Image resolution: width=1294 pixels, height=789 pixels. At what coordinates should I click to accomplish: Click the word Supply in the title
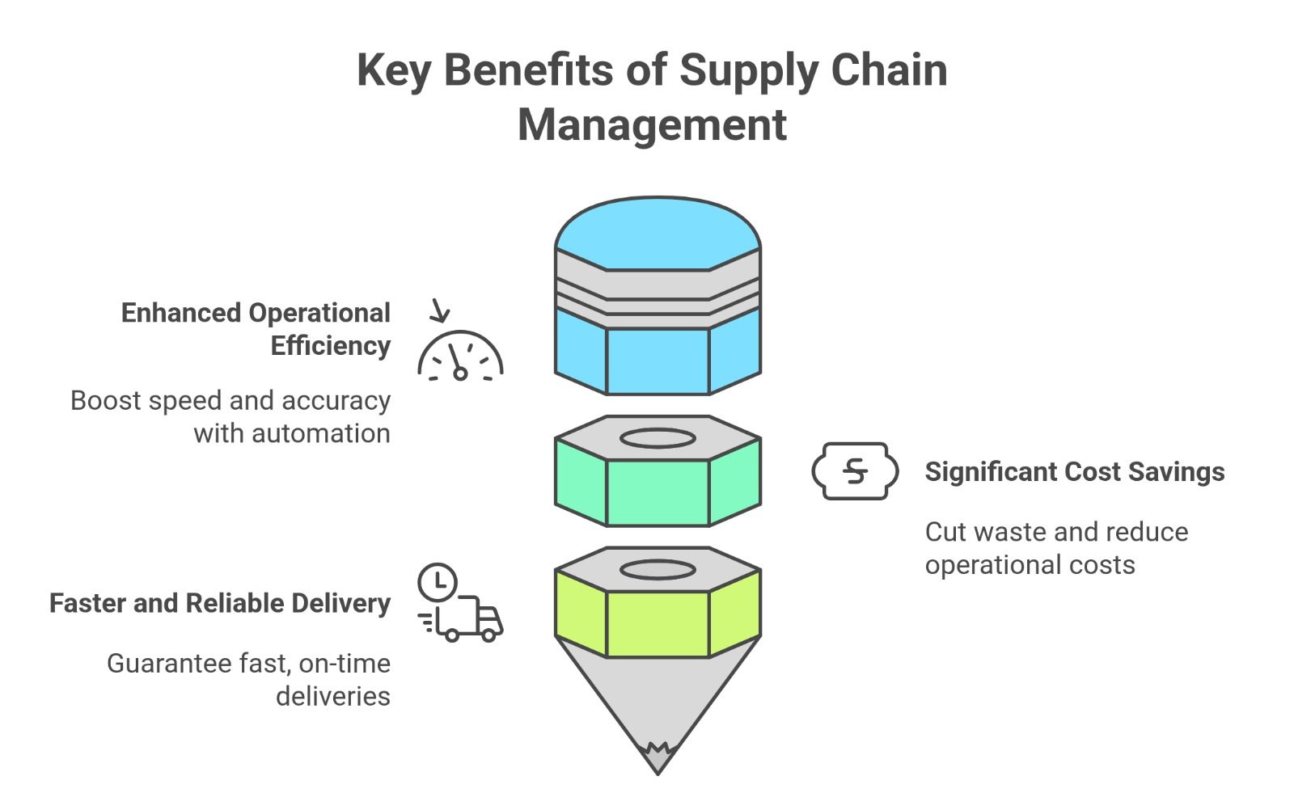point(738,71)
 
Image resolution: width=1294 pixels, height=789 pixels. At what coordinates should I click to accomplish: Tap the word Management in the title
point(652,125)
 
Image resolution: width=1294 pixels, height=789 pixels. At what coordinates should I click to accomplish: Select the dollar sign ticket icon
point(855,470)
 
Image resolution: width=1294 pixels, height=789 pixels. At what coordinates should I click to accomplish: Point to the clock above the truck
point(438,581)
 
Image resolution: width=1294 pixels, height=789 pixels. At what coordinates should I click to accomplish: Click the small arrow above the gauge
point(440,310)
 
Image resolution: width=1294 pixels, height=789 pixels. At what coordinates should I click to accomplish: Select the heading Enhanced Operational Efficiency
point(256,329)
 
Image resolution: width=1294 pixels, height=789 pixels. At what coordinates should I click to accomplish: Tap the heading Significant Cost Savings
point(1074,471)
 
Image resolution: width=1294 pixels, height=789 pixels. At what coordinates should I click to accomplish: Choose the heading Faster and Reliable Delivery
point(220,603)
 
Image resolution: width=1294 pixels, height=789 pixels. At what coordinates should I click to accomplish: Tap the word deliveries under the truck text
point(332,696)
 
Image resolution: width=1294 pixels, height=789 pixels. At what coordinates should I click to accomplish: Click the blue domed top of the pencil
point(658,234)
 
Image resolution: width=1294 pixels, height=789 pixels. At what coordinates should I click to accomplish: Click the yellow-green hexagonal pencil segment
point(658,623)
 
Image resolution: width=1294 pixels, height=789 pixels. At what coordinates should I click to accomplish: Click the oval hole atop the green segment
point(658,439)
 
